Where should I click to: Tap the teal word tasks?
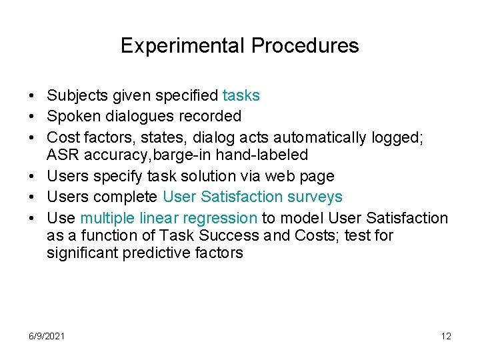241,96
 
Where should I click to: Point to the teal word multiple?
105,218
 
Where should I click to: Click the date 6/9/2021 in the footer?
46,336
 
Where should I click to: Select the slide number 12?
446,336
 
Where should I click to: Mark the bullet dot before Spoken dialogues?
32,117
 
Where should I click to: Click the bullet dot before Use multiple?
32,218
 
